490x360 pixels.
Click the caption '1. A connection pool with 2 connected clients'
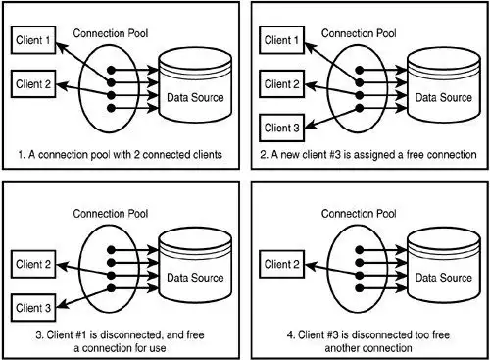[120, 154]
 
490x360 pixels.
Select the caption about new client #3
[368, 154]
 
